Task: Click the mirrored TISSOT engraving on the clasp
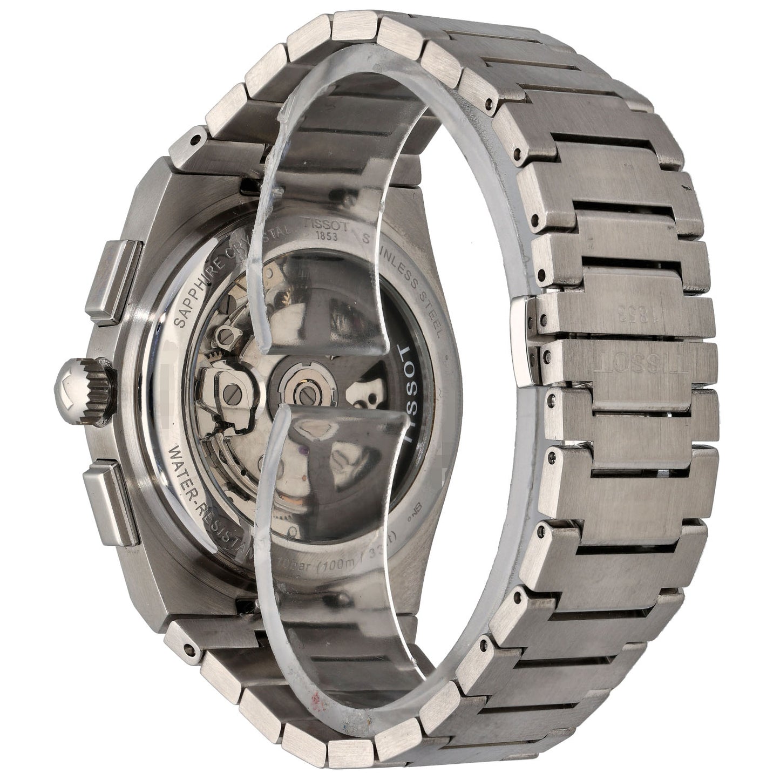coord(626,368)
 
